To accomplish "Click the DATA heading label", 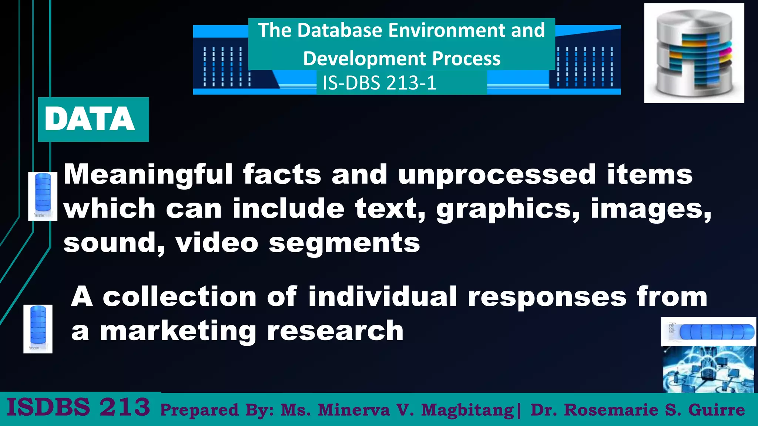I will tap(90, 119).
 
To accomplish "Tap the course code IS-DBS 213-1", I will tap(379, 83).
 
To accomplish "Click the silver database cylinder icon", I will tap(694, 53).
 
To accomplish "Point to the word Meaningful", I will tap(148, 175).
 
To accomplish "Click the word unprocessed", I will tap(497, 175).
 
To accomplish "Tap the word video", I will tap(217, 243).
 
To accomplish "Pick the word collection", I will tap(180, 297).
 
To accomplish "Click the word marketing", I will tap(178, 331).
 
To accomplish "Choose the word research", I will tap(335, 331).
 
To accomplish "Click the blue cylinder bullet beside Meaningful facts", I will tap(43, 196).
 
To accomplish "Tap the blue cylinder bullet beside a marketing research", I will tap(38, 329).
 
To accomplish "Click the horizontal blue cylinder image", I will tap(708, 332).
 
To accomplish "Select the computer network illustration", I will tap(708, 369).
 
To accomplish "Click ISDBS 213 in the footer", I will tap(78, 407).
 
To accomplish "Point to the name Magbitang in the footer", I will tap(467, 410).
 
